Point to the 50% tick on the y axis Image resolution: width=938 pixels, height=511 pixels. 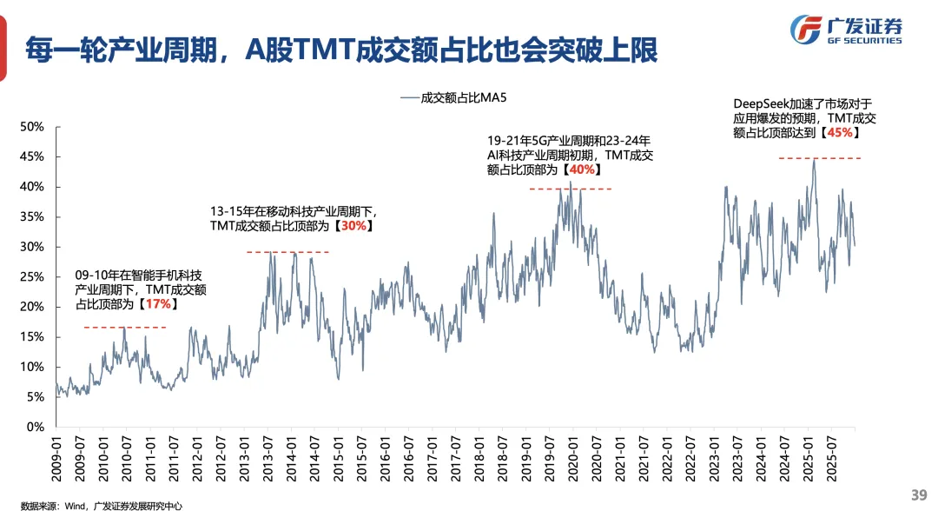pyautogui.click(x=32, y=127)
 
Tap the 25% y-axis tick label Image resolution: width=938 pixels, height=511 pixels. pyautogui.click(x=32, y=277)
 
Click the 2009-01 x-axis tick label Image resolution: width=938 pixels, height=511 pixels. pyautogui.click(x=57, y=455)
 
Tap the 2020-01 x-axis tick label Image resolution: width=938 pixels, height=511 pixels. pyautogui.click(x=572, y=455)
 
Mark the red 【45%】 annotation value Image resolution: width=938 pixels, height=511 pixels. pyautogui.click(x=839, y=133)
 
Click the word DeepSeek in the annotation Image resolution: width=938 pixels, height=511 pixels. pyautogui.click(x=762, y=102)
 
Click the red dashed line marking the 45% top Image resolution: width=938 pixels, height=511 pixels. pyautogui.click(x=819, y=158)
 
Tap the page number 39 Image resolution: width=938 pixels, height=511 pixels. pyautogui.click(x=919, y=494)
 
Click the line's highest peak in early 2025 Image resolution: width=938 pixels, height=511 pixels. pyautogui.click(x=814, y=161)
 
